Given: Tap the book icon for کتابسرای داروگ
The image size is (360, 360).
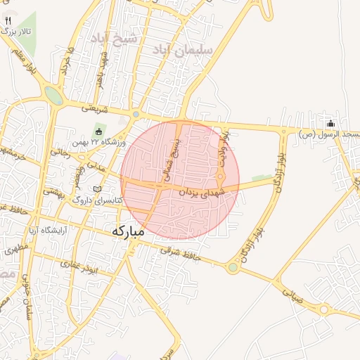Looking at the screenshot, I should coord(97,190).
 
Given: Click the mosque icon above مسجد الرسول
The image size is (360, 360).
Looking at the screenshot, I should coord(330,124).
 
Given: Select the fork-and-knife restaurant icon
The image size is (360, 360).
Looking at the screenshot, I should coord(8,21).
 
